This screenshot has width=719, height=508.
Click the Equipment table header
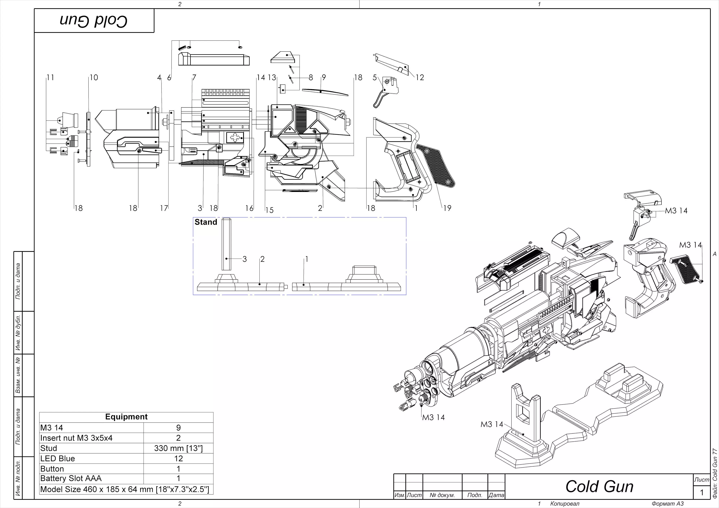(126, 417)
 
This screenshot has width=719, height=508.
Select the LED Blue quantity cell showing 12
(178, 459)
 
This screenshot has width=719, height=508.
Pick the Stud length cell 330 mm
(178, 448)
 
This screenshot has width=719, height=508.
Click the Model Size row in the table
(125, 489)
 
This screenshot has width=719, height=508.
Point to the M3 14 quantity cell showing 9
(178, 428)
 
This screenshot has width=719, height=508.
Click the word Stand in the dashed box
(206, 222)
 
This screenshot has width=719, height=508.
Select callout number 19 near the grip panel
(447, 208)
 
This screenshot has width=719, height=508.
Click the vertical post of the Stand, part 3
(226, 244)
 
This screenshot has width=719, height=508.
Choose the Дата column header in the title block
(496, 495)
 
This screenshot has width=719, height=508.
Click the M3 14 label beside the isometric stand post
(492, 424)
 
